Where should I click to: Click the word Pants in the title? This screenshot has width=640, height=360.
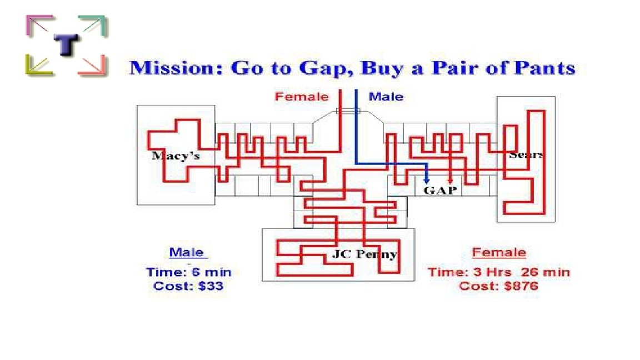pyautogui.click(x=544, y=68)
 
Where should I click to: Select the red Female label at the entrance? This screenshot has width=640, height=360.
pyautogui.click(x=302, y=97)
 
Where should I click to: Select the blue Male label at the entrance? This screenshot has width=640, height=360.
pyautogui.click(x=386, y=97)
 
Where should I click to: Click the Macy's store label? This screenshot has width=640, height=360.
pyautogui.click(x=176, y=156)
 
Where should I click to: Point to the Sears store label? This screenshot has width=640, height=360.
pyautogui.click(x=526, y=154)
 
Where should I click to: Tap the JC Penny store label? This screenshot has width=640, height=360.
pyautogui.click(x=364, y=254)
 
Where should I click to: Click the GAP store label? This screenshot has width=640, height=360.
pyautogui.click(x=440, y=191)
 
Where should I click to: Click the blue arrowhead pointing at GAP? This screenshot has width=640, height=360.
pyautogui.click(x=426, y=179)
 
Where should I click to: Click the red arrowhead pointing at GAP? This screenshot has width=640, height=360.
pyautogui.click(x=450, y=179)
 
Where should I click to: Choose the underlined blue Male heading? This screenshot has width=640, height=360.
pyautogui.click(x=187, y=253)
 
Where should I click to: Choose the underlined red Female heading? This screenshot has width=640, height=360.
pyautogui.click(x=498, y=253)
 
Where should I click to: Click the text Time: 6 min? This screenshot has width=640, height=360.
pyautogui.click(x=188, y=272)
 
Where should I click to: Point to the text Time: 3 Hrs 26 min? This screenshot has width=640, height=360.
pyautogui.click(x=498, y=272)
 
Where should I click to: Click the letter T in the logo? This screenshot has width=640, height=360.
pyautogui.click(x=66, y=45)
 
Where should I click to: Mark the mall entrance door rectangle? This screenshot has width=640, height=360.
pyautogui.click(x=348, y=111)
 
